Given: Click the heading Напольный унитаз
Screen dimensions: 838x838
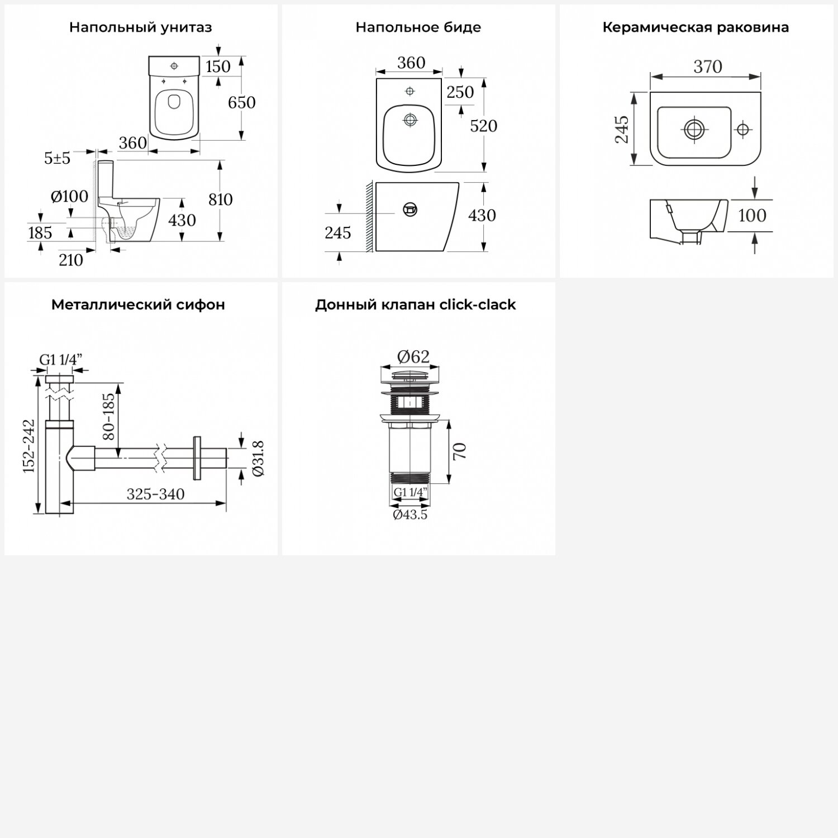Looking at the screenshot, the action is tap(140, 27).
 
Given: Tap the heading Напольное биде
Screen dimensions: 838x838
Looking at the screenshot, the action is tap(418, 27).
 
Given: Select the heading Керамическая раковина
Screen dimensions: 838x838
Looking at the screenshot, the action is tap(696, 27).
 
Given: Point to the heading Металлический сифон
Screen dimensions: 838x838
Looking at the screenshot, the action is tap(138, 305).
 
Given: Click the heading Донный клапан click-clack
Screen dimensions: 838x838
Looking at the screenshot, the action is tap(415, 305).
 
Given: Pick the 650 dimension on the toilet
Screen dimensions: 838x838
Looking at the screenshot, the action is tap(241, 102).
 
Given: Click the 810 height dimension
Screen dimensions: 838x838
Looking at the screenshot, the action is tap(220, 199).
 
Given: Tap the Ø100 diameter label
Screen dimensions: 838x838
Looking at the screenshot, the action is tap(69, 196).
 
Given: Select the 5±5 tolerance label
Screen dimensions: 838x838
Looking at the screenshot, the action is tap(58, 158).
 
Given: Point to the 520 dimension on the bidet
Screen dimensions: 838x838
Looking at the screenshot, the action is tap(483, 126).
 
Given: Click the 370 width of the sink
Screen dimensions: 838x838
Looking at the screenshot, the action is tap(707, 67).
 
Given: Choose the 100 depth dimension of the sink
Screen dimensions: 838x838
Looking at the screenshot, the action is tap(752, 215).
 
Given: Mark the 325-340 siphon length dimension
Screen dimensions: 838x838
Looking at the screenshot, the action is tap(155, 494).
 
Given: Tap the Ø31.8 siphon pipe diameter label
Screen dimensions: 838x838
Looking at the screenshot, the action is tap(258, 459).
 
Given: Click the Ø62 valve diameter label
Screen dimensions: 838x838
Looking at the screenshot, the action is tap(413, 356).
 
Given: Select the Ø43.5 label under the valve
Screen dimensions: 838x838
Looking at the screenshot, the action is tap(410, 515).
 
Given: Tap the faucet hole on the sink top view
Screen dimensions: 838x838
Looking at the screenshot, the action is tap(742, 130).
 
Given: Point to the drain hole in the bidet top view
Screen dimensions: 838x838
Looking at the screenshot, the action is tap(411, 118).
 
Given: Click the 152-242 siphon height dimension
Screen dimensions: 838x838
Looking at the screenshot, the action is tap(29, 446).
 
